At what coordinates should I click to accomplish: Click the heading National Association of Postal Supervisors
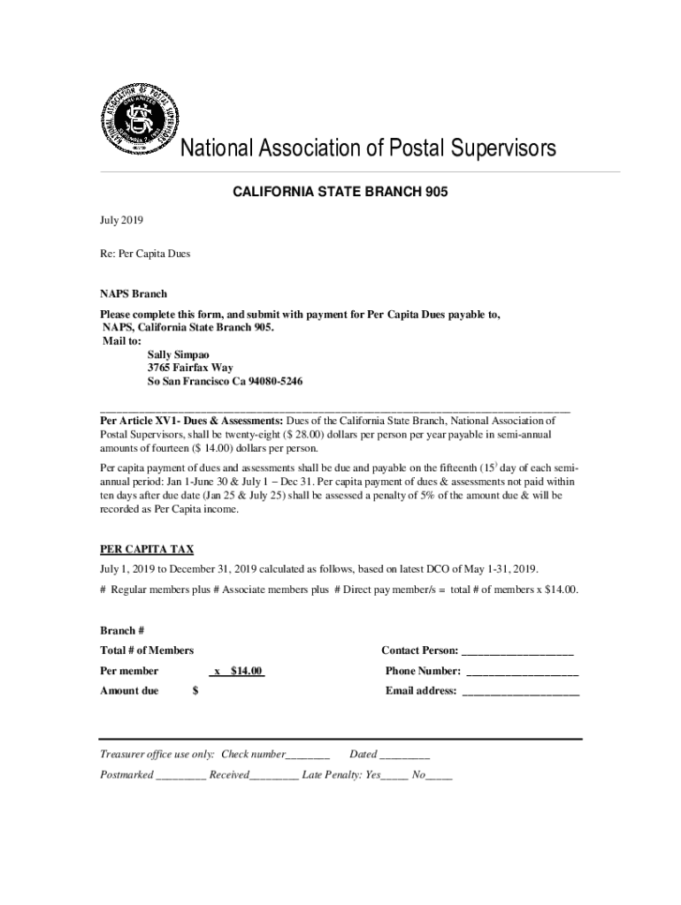tap(369, 148)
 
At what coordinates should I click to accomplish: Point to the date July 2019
tap(121, 220)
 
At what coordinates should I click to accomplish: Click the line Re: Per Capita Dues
tap(144, 254)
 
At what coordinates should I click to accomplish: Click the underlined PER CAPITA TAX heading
tap(147, 549)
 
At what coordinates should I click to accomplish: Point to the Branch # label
tap(122, 630)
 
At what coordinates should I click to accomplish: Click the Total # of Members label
tap(147, 650)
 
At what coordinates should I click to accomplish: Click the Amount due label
tap(129, 691)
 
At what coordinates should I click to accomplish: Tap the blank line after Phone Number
tap(522, 672)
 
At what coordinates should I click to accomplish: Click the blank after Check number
tap(308, 755)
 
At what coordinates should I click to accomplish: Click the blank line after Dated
tap(405, 755)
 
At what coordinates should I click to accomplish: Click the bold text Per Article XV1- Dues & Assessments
tap(191, 421)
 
